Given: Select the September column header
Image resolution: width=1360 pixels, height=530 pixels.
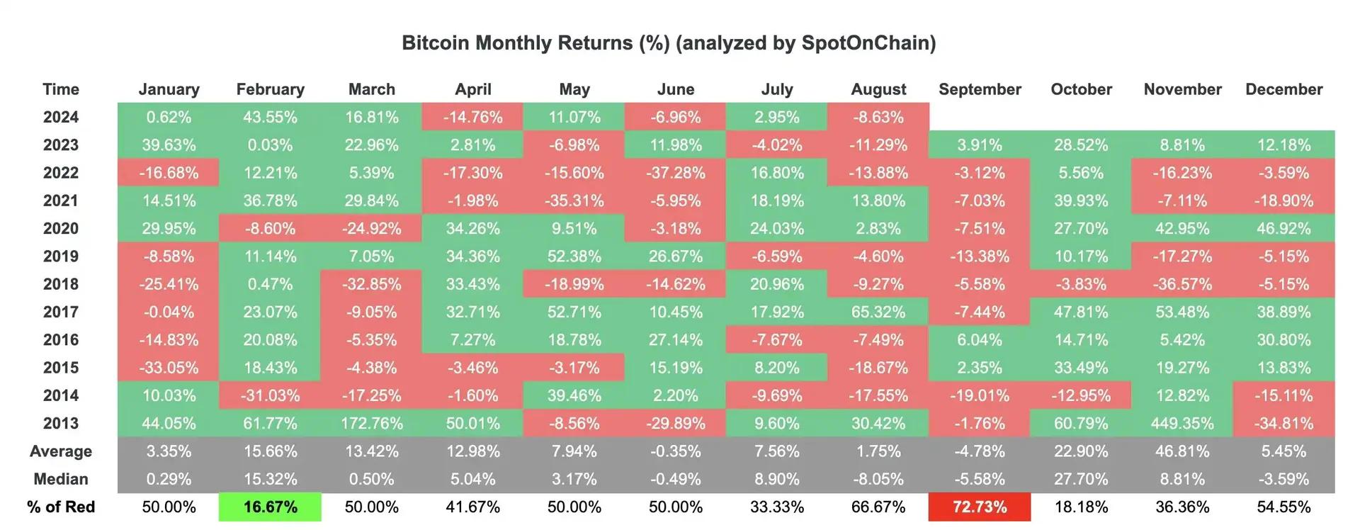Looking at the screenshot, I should click(980, 89).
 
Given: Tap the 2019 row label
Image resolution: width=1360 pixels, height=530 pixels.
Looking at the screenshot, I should click(61, 256).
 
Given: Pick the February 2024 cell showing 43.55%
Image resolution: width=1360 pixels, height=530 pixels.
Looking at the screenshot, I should click(270, 117).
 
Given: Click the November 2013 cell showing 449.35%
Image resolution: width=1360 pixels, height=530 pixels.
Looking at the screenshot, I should click(1182, 424).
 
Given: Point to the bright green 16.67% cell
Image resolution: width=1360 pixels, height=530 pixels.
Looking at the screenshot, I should click(270, 507).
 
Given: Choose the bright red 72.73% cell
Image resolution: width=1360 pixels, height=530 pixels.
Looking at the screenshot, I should click(980, 507).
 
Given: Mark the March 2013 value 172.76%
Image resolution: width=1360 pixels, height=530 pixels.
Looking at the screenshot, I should click(371, 424).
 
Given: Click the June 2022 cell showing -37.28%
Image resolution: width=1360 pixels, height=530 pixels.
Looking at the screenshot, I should click(675, 173).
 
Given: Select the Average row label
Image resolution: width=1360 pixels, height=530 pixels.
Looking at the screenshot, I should click(61, 451).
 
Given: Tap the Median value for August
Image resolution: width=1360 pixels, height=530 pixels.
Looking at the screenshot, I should click(878, 480).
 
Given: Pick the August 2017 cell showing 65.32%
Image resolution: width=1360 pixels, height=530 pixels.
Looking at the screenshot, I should click(878, 312).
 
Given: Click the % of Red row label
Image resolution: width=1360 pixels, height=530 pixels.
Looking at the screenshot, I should click(61, 507).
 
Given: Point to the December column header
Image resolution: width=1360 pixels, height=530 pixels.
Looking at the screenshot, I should click(1283, 89).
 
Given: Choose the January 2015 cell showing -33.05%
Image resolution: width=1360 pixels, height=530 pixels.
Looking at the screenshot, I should click(169, 368).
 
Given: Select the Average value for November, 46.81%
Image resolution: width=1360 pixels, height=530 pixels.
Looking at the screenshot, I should click(1182, 451).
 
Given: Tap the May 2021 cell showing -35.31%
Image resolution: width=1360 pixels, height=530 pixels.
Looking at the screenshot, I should click(574, 201).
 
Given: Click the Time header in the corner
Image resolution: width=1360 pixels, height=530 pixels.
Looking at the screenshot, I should click(61, 89).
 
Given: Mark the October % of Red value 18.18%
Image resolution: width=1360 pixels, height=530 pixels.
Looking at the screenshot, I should click(1081, 507).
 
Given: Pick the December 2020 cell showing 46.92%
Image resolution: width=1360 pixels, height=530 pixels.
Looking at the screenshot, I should click(1283, 229).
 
